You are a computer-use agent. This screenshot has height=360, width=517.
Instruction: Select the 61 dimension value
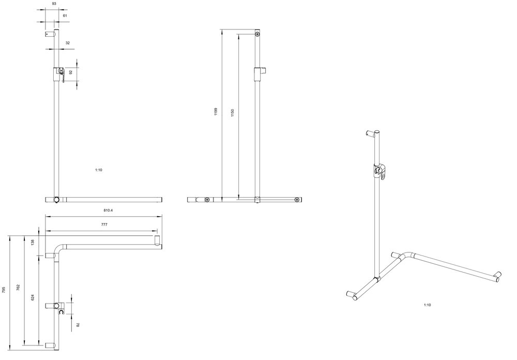click(65, 16)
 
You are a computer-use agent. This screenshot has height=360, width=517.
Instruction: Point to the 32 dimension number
click(68, 43)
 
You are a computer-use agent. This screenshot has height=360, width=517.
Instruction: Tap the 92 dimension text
click(70, 71)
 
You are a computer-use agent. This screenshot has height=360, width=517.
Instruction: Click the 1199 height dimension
click(216, 112)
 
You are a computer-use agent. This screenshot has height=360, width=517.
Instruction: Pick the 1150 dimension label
click(233, 113)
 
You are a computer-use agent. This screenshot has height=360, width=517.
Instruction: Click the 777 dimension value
click(104, 224)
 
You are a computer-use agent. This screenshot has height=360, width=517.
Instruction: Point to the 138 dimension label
click(32, 243)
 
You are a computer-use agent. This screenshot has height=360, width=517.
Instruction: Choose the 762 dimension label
click(19, 288)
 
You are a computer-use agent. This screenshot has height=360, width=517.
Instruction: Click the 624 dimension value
click(32, 297)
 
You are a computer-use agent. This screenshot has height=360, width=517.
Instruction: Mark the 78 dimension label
click(78, 325)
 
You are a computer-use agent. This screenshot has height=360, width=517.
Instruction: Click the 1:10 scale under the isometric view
click(428, 305)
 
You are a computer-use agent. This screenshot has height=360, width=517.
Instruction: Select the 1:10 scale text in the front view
click(99, 170)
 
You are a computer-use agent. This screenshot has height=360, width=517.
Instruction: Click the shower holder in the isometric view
click(380, 171)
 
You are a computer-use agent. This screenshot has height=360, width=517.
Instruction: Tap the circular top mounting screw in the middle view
click(257, 34)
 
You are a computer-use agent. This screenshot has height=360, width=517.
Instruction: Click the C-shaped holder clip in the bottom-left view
click(60, 311)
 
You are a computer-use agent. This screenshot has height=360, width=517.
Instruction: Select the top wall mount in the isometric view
click(371, 133)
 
